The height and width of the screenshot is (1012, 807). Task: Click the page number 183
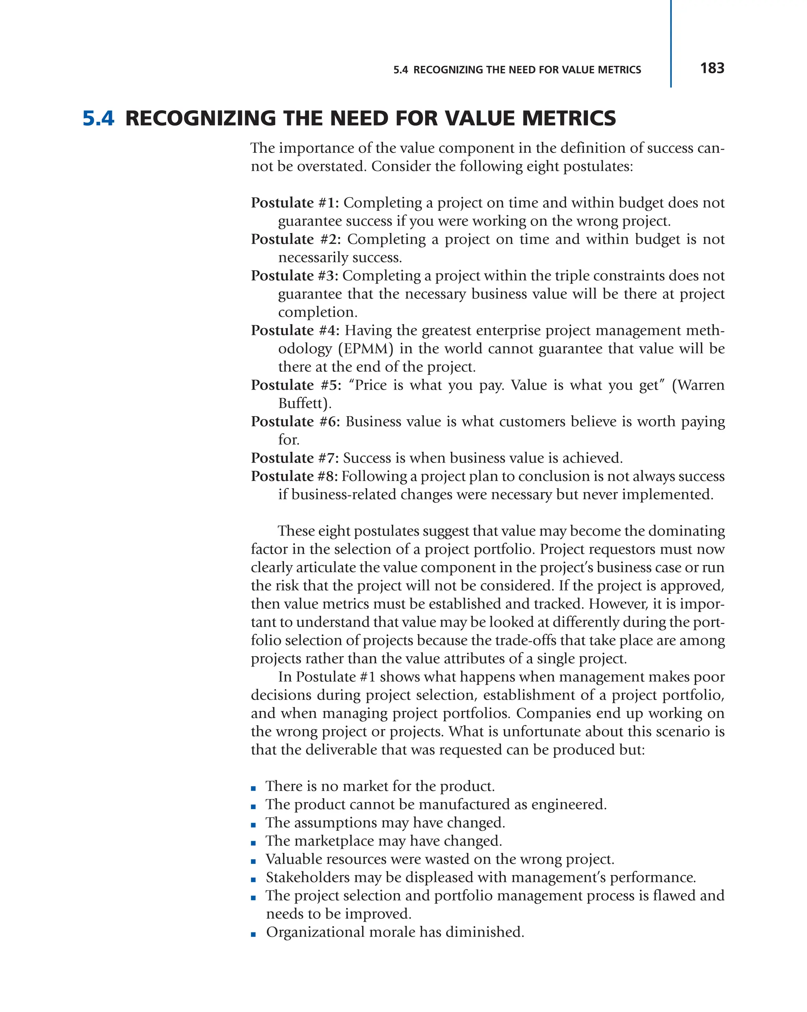pyautogui.click(x=712, y=69)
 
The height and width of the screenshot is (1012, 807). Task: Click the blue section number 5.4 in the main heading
pyautogui.click(x=98, y=118)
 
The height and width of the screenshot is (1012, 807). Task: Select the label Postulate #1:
pyautogui.click(x=294, y=203)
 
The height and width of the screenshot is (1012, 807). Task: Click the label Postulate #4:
pyautogui.click(x=295, y=331)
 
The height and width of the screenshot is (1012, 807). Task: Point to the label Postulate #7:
pyautogui.click(x=294, y=458)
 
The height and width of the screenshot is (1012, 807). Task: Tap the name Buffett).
pyautogui.click(x=305, y=403)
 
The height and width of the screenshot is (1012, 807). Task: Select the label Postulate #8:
pyautogui.click(x=294, y=476)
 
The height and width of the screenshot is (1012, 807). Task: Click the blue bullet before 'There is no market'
pyautogui.click(x=253, y=789)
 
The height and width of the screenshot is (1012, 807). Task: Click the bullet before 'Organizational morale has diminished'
pyautogui.click(x=253, y=934)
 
